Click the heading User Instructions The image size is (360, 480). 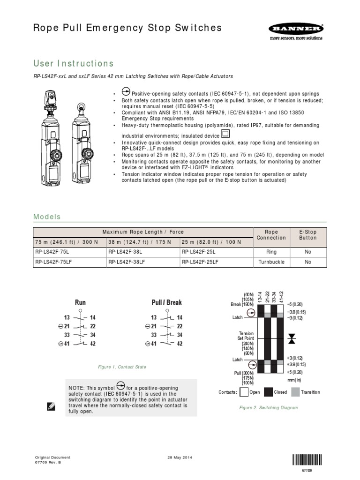coord(73,63)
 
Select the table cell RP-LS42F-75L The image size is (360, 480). coord(51,251)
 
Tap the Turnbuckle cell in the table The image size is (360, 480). coord(271,262)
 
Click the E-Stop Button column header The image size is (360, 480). coord(307,235)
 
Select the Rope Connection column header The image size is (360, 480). coord(271,235)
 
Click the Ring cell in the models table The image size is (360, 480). coord(271,251)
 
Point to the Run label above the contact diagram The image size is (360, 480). coord(80,302)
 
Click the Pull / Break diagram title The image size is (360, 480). coord(166,302)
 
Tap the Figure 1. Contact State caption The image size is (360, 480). coord(122,367)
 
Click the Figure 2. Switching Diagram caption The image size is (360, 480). coord(268,408)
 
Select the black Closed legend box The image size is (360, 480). coord(269,392)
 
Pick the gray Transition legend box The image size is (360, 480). coord(295,392)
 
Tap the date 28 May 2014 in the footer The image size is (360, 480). coord(180,457)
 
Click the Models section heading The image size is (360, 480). coord(47,217)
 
